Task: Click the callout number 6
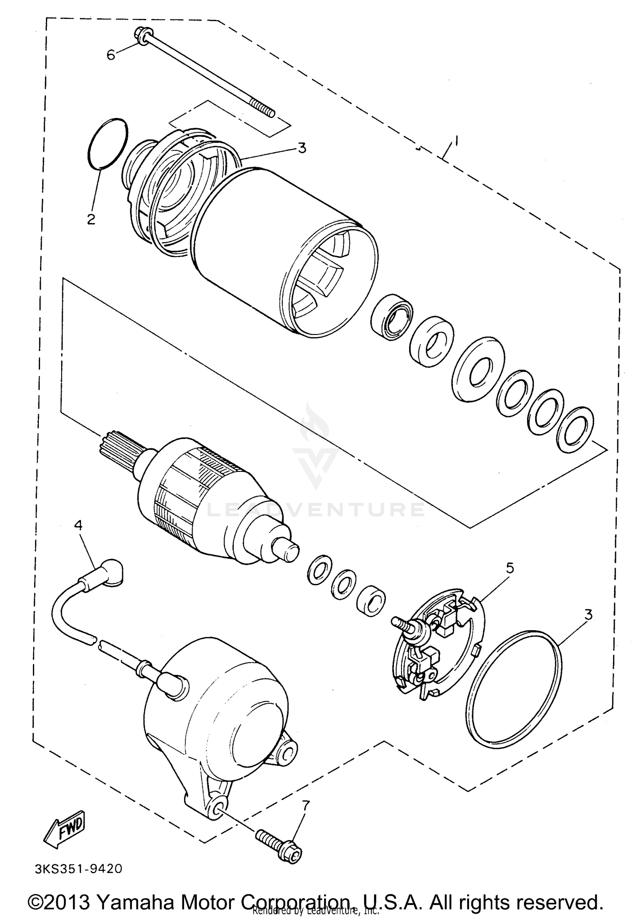coord(111,55)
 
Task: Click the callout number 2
coord(91,219)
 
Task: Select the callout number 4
coord(78,525)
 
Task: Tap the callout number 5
coord(510,568)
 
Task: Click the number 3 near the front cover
coord(302,148)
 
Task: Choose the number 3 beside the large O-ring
coord(588,615)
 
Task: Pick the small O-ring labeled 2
coord(108,143)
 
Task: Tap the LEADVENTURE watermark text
coord(316,510)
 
